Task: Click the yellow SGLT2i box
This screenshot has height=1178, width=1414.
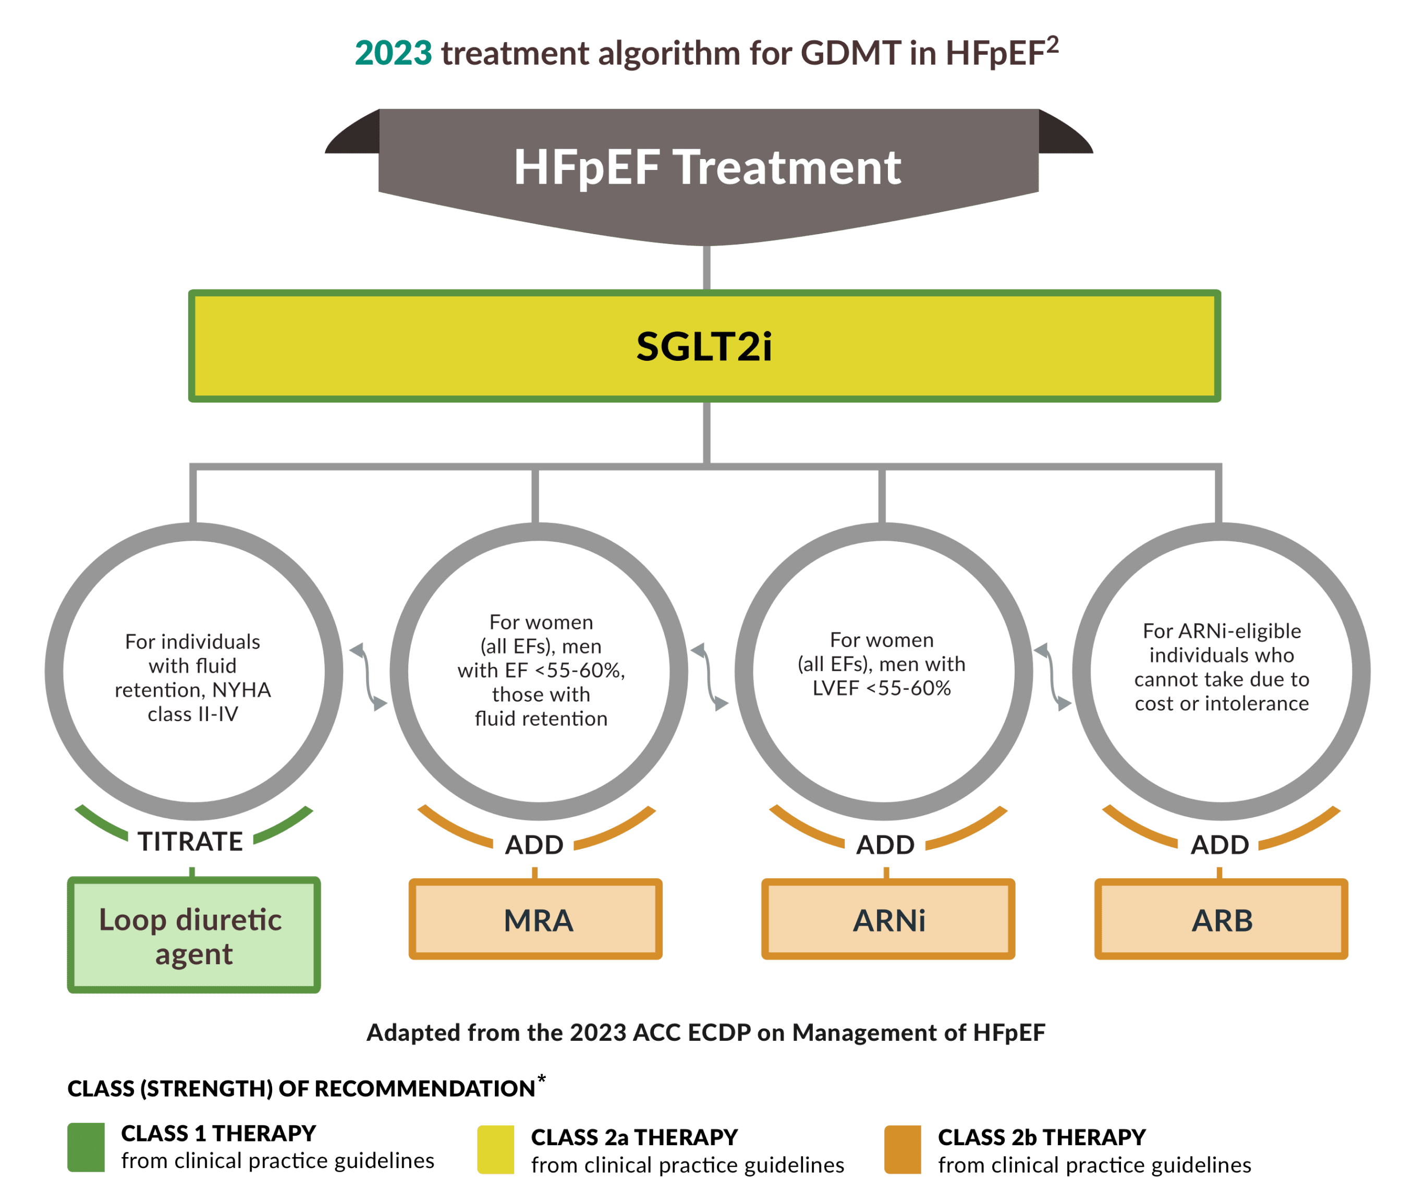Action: point(704,346)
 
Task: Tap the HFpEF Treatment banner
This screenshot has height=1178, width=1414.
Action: point(707,167)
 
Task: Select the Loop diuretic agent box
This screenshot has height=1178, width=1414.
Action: point(194,935)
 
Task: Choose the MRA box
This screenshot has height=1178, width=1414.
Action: point(536,919)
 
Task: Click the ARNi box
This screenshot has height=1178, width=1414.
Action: point(888,919)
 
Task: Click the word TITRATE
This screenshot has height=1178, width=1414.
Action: point(190,841)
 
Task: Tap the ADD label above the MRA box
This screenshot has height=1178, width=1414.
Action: point(534,845)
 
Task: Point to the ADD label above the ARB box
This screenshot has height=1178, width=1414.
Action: point(1220,845)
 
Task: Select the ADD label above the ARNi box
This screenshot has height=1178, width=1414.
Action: point(885,845)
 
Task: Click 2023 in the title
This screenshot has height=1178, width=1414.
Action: point(393,53)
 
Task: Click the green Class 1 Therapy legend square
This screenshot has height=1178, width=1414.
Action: point(86,1147)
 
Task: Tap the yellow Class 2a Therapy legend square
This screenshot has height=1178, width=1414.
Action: point(495,1150)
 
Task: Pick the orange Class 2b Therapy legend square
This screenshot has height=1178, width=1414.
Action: point(903,1150)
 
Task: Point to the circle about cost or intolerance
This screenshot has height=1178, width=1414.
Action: point(1222,667)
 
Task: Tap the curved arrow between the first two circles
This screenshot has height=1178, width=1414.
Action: point(368,677)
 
